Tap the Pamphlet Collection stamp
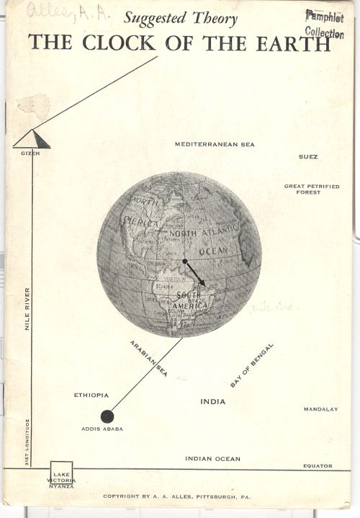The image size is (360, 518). pyautogui.click(x=324, y=24)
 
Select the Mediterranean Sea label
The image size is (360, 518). pyautogui.click(x=215, y=144)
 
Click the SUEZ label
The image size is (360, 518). pyautogui.click(x=308, y=156)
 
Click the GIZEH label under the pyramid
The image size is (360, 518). pyautogui.click(x=30, y=153)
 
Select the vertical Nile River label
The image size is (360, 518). pyautogui.click(x=27, y=309)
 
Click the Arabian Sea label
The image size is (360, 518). pyautogui.click(x=148, y=358)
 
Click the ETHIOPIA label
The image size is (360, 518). pyautogui.click(x=91, y=395)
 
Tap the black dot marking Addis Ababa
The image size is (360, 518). pyautogui.click(x=107, y=416)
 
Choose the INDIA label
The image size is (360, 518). pyautogui.click(x=212, y=401)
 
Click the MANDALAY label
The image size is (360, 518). pyautogui.click(x=320, y=409)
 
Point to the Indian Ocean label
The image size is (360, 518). pyautogui.click(x=212, y=459)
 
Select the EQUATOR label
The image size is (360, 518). pyautogui.click(x=318, y=466)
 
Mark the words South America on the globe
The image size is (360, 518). pyautogui.click(x=189, y=300)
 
